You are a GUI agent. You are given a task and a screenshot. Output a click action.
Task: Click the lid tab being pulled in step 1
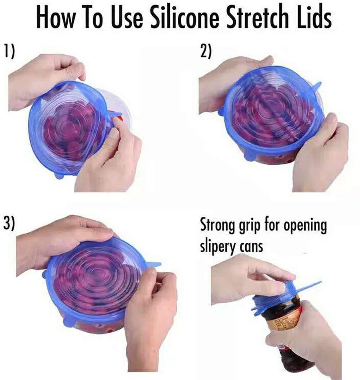tap(114, 114)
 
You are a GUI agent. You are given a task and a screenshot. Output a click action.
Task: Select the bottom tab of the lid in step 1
tap(59, 175)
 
